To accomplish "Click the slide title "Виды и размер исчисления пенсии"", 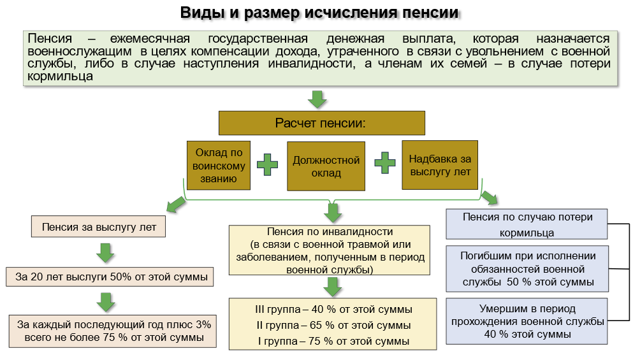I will click(319, 13).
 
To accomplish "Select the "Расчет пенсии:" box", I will click(321, 122).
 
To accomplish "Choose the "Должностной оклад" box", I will click(326, 166).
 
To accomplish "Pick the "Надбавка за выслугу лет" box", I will click(440, 165).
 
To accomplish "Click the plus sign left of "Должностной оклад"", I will click(268, 164).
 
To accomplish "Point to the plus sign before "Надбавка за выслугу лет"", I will click(385, 162).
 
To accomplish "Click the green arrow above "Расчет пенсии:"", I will click(317, 99).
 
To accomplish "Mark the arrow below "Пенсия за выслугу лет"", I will click(105, 252).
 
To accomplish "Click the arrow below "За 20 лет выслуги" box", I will click(105, 300).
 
